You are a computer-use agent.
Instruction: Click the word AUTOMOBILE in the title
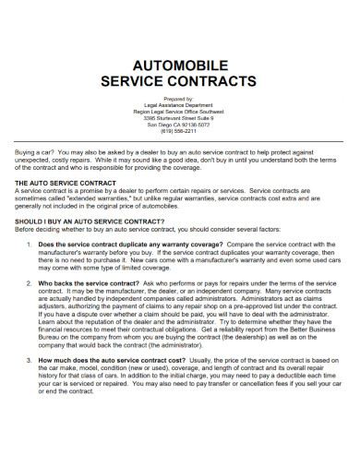180,66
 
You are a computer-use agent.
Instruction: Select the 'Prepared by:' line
180,98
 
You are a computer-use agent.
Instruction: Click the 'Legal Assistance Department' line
180,105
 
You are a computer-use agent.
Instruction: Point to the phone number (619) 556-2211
180,131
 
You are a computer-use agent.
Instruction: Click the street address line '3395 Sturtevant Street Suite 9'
180,118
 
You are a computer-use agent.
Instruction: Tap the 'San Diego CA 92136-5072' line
180,125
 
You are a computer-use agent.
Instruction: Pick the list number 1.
30,245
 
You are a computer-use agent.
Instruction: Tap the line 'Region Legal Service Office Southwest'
180,112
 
